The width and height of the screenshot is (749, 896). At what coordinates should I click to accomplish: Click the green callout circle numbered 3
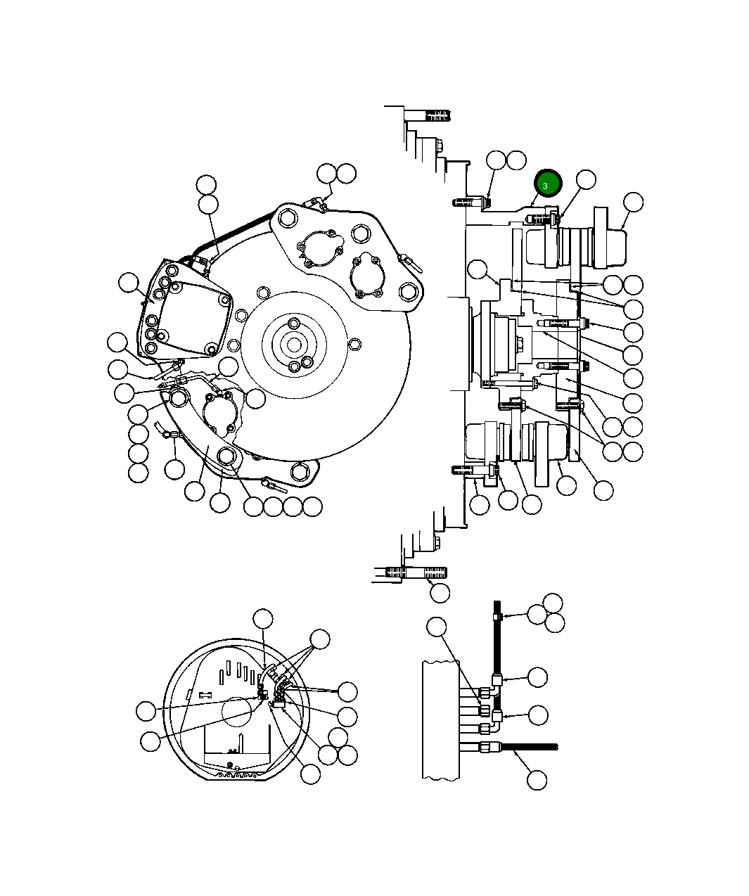(547, 184)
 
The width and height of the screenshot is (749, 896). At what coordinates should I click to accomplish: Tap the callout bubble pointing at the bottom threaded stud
(440, 592)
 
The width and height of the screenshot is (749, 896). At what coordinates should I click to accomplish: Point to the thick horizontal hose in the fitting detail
(527, 746)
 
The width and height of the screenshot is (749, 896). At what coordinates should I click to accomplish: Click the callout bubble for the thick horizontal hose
(537, 779)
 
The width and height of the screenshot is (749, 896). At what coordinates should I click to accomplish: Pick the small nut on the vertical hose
(497, 617)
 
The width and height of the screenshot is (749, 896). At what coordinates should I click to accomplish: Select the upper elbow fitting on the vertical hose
(498, 679)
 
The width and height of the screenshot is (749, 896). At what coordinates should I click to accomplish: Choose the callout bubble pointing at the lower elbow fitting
(538, 715)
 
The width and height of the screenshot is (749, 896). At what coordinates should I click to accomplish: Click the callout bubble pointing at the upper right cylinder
(633, 202)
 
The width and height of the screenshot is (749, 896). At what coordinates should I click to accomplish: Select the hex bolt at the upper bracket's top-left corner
(286, 219)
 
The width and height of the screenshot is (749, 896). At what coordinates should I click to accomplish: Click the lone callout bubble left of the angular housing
(128, 283)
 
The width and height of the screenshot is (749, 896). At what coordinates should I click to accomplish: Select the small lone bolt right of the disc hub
(356, 344)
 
